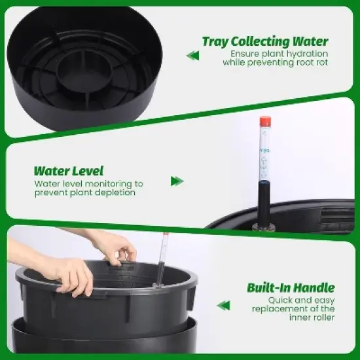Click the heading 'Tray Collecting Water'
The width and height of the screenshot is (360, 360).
pos(265,41)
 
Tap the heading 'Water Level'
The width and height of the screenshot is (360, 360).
pos(69,171)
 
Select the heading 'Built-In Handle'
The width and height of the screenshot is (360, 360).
pos(291,288)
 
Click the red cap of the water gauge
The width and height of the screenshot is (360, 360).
pos(265,122)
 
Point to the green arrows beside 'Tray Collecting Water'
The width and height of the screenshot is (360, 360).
pos(192,55)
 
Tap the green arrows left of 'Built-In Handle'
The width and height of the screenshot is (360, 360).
pos(223,305)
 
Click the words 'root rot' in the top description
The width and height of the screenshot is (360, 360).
pos(312,63)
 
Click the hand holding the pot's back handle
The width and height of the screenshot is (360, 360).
pos(118,247)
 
